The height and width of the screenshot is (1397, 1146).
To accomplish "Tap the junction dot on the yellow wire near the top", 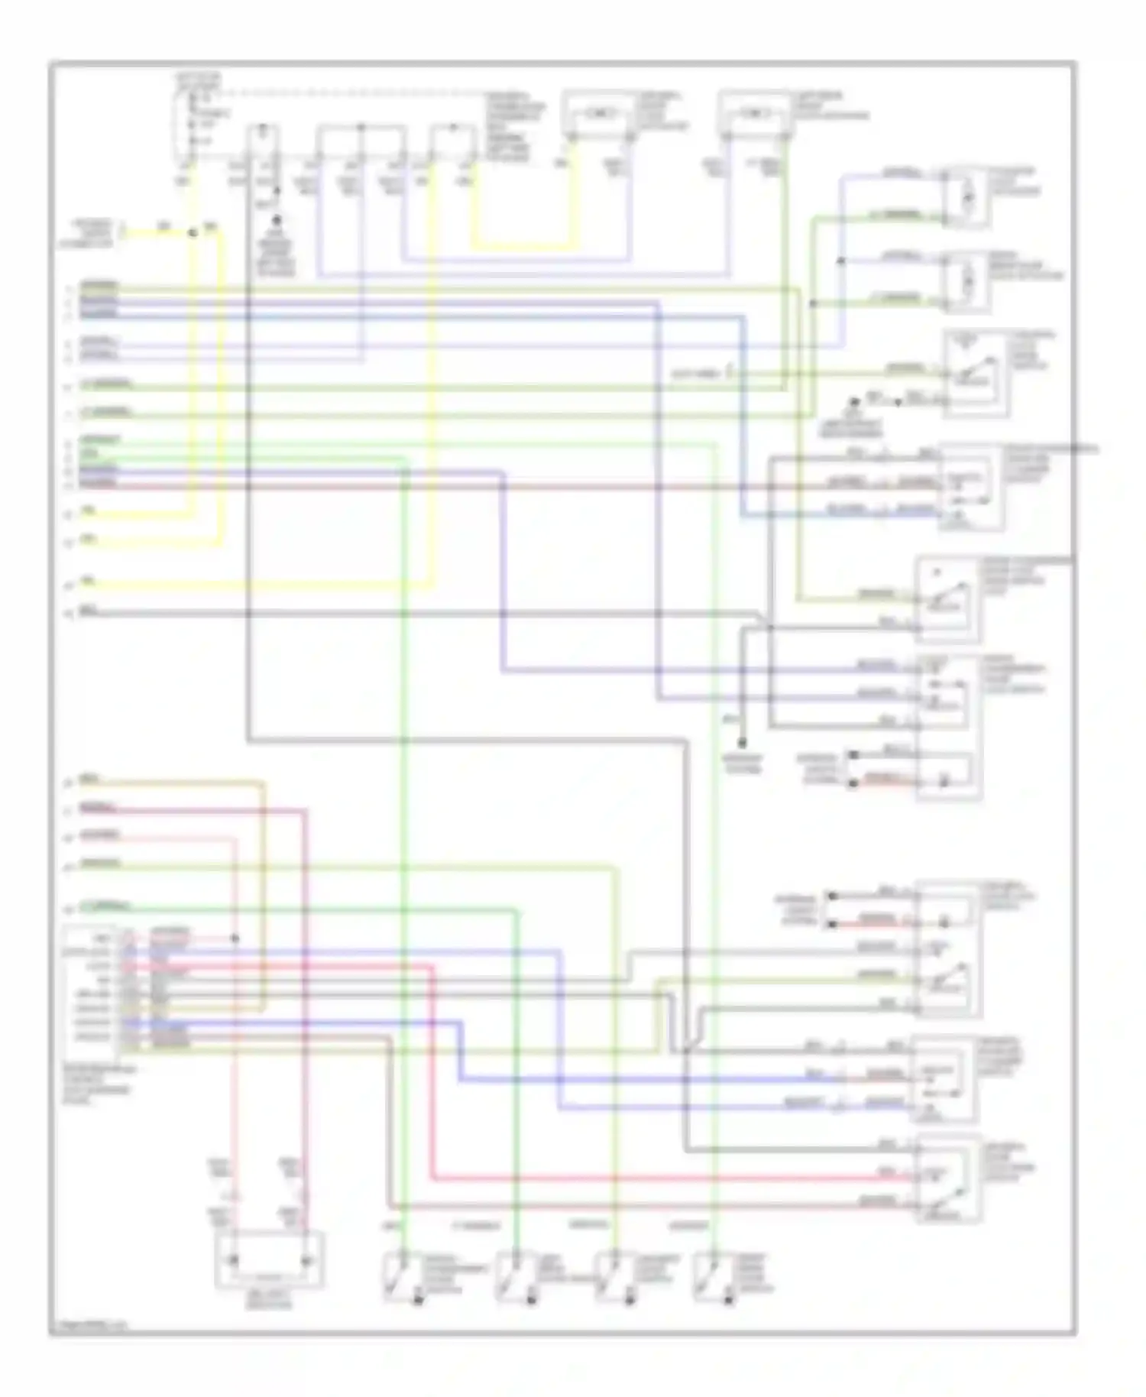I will (x=193, y=232).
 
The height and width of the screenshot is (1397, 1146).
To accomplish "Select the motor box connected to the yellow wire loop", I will (x=599, y=115).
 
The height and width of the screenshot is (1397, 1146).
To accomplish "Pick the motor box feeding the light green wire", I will (x=754, y=115).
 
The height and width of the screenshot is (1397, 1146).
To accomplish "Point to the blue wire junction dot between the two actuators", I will (x=840, y=261).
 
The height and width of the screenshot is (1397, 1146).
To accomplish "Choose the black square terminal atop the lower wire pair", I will (x=831, y=895).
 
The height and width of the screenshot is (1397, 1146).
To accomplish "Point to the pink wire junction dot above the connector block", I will (x=235, y=938).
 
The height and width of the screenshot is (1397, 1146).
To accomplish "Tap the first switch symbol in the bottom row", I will (x=399, y=1276).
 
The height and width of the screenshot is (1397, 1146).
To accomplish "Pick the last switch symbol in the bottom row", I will (x=709, y=1276).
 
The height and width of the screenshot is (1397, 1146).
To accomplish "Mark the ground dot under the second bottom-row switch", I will (x=532, y=1299).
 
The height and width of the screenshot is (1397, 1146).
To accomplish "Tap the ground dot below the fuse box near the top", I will (x=277, y=219).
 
